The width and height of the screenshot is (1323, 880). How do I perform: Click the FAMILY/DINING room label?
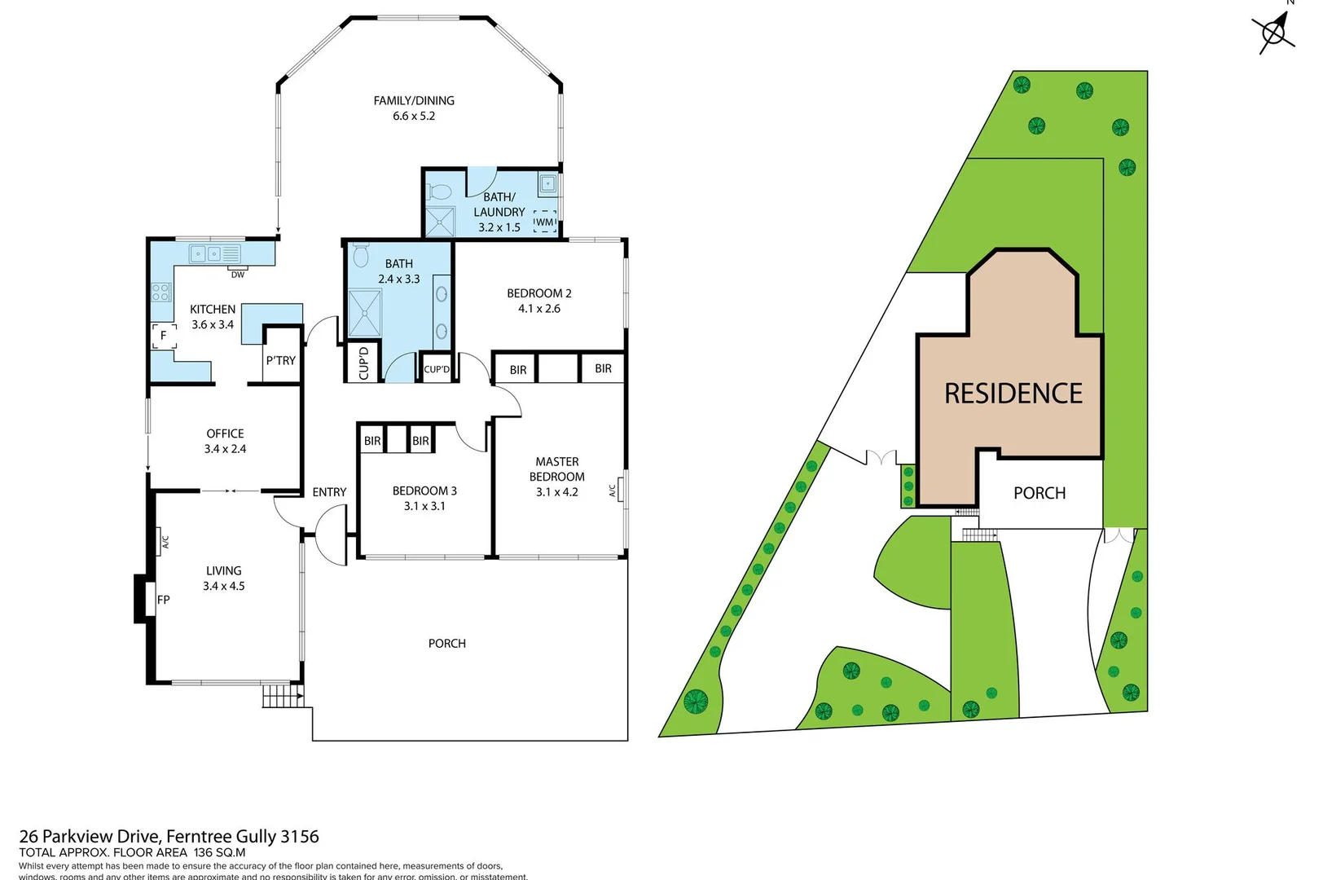coord(414,101)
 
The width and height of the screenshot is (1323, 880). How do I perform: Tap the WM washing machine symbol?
coord(544,222)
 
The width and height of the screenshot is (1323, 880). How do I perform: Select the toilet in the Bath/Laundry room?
coord(440,191)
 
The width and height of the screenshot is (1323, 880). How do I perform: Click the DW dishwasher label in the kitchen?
coord(237,275)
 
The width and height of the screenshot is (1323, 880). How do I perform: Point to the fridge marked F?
coord(164,335)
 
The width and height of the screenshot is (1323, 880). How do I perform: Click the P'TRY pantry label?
coord(280,360)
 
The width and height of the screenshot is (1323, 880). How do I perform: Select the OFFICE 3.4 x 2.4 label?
coord(225,441)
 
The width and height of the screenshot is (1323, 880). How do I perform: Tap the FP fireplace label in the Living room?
coord(164,600)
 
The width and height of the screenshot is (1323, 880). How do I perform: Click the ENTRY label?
coord(329,492)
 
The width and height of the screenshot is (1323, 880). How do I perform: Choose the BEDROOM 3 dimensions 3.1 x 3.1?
coord(424,506)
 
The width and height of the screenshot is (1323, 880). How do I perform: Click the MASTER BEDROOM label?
coord(557,469)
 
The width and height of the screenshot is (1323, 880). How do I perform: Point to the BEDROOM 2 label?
coord(539,293)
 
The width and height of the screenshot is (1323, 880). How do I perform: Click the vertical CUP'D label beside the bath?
coord(364,363)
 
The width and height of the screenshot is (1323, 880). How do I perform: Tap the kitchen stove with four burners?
coord(160,291)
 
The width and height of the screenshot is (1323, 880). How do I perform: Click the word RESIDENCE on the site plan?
coord(1013,394)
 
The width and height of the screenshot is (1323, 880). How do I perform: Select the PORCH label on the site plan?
coord(1039,493)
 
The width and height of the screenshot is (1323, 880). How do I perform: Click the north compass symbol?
coord(1273,33)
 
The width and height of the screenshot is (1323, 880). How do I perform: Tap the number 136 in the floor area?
coord(203,852)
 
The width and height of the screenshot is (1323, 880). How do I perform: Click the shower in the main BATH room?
coord(365,312)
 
